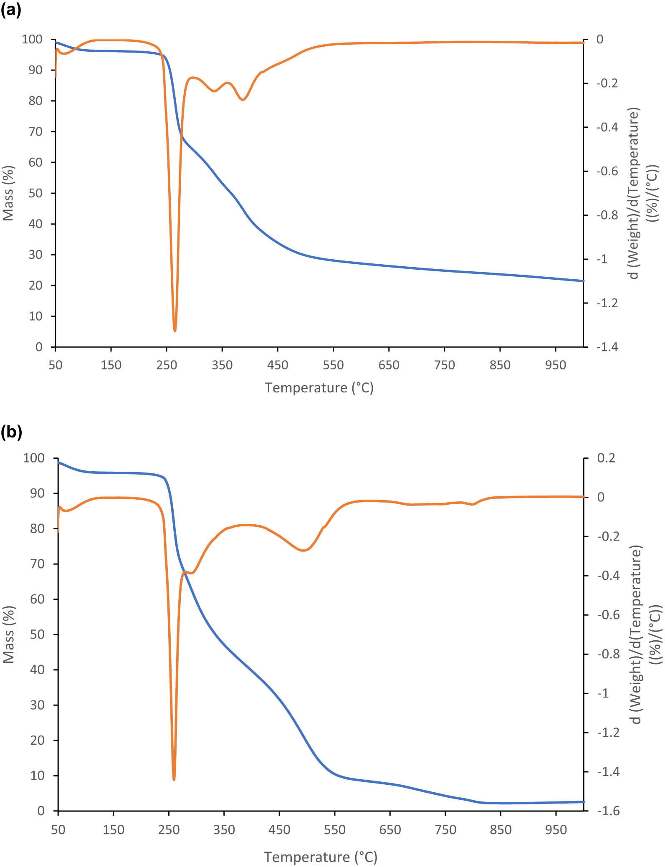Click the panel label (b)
[x=11, y=432]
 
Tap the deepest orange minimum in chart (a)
[x=175, y=330]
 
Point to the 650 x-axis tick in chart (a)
[x=389, y=365]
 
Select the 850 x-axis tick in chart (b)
[x=501, y=829]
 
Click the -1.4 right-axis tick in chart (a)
[x=607, y=347]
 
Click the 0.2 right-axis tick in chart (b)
[x=606, y=458]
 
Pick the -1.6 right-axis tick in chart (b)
[x=608, y=811]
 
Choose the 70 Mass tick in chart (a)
[x=36, y=131]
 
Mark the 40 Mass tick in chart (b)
[x=37, y=670]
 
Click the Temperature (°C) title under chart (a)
[x=319, y=388]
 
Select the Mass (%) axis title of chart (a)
[x=8, y=193]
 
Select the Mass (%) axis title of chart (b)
[x=8, y=634]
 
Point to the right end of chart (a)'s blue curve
[x=583, y=281]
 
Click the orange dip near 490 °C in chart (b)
[x=304, y=550]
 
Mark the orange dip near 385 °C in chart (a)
[x=243, y=99]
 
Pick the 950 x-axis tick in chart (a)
[x=556, y=365]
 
